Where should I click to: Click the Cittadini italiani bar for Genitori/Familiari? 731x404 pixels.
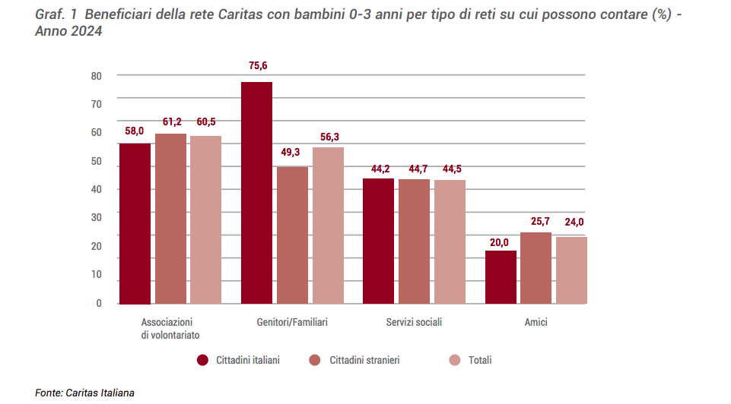tap(256, 193)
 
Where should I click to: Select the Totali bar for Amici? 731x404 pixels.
tap(571, 270)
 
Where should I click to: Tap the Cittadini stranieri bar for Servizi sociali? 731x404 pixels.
tap(414, 241)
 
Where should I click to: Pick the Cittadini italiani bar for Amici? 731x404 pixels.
tap(501, 277)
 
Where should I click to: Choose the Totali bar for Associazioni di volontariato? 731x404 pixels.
tap(205, 220)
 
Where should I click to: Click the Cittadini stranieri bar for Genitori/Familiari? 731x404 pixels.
tap(292, 235)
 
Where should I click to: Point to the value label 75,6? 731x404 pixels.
tap(258, 66)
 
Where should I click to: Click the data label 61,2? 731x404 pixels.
tap(171, 122)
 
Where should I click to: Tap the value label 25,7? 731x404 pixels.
tap(536, 221)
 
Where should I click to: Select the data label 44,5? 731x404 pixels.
tap(449, 169)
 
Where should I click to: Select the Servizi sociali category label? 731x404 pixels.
tap(414, 322)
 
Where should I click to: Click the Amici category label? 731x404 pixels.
tap(536, 322)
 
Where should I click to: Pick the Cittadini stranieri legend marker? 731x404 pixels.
tap(315, 360)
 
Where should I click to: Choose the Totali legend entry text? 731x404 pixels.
tap(480, 360)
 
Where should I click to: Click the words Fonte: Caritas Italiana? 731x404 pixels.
tap(85, 393)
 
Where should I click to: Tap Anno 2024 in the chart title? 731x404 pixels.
tap(68, 32)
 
